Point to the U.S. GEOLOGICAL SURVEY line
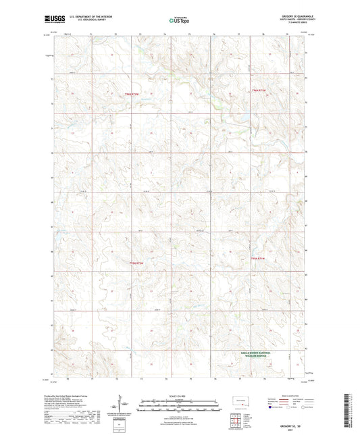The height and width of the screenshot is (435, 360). [84, 20]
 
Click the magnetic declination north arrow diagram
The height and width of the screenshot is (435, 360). [124, 407]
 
